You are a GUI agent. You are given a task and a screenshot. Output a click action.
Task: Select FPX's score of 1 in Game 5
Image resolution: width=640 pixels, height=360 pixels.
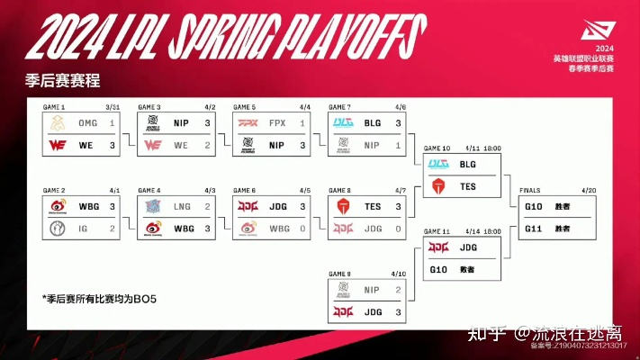coord(302,123)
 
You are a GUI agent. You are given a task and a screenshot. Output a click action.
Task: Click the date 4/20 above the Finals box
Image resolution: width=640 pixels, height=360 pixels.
coord(590,191)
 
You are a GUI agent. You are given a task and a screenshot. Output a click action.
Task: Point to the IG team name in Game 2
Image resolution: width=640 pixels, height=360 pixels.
coord(82,228)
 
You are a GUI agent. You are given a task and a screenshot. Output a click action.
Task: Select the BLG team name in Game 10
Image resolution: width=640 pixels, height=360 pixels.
coord(467,165)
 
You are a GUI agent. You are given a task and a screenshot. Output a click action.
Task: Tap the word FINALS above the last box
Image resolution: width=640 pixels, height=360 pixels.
coord(531,191)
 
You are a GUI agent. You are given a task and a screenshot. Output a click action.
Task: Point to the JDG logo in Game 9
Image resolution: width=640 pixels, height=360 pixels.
coord(343,311)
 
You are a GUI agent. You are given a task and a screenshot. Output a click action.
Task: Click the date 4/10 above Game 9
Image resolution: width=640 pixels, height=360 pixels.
coord(399,274)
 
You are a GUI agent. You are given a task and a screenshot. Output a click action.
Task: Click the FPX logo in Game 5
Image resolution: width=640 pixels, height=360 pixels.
coord(248,123)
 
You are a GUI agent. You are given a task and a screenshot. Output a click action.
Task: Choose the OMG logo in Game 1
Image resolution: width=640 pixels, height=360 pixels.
coord(58,123)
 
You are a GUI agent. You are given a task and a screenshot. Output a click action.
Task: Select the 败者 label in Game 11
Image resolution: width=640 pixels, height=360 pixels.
coord(464,268)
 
